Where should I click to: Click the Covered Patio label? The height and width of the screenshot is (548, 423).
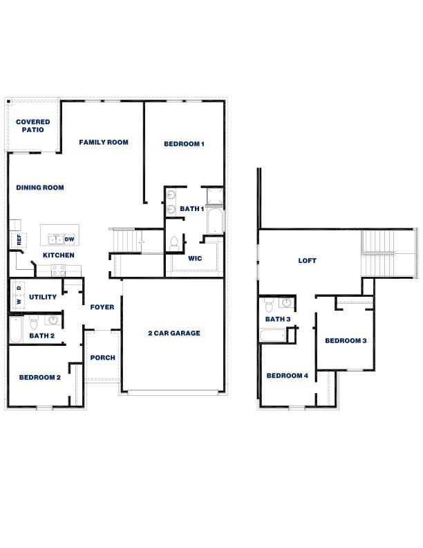(x=33, y=125)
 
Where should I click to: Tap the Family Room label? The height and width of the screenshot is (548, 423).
(x=104, y=143)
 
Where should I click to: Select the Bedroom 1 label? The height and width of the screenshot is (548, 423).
(x=184, y=144)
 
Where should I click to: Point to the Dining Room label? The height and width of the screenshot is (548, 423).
(x=40, y=187)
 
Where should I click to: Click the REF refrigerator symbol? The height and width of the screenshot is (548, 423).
(x=19, y=240)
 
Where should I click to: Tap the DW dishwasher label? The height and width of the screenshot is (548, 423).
(x=69, y=239)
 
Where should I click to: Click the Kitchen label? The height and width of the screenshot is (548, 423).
(x=59, y=255)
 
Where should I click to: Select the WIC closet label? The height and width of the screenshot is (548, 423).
(x=195, y=259)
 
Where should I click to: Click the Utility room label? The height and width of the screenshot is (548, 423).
(x=43, y=297)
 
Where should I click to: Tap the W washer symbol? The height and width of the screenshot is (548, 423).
(x=19, y=302)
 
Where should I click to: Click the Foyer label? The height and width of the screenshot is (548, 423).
(x=102, y=307)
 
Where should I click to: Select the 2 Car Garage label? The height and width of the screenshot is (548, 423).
(x=174, y=333)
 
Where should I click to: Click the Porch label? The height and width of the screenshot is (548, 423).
(x=103, y=358)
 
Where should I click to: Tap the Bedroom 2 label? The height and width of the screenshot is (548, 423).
(x=40, y=377)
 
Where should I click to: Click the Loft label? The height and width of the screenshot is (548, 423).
(x=307, y=261)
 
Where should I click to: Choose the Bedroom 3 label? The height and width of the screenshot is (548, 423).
(x=346, y=340)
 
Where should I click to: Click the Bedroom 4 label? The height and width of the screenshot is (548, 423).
(x=288, y=376)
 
